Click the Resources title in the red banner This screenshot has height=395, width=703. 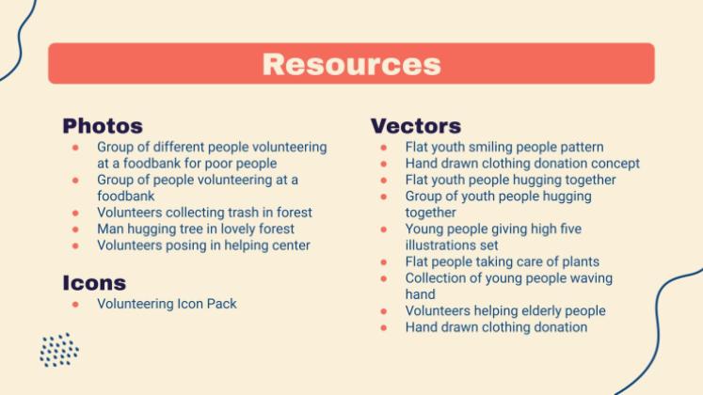(x=351, y=64)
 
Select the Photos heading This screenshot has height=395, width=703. (x=103, y=126)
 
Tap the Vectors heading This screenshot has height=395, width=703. (x=415, y=126)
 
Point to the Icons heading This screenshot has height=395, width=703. (x=94, y=283)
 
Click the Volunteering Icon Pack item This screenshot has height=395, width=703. (x=167, y=304)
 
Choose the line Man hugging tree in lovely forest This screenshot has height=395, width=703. (x=196, y=229)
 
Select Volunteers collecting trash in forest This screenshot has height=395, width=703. (x=204, y=213)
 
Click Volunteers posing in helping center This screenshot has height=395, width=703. (x=203, y=245)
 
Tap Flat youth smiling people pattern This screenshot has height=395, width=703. (x=504, y=147)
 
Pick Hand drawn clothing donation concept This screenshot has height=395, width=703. (x=522, y=164)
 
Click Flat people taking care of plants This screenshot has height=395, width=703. (x=502, y=261)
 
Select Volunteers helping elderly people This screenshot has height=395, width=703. (x=505, y=310)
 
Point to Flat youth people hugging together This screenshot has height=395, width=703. (x=510, y=180)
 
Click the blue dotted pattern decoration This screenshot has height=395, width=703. (x=58, y=350)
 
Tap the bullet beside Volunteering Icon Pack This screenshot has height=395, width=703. (x=74, y=304)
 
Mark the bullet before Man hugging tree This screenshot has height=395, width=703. (x=74, y=229)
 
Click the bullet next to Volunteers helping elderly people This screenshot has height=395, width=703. (x=383, y=310)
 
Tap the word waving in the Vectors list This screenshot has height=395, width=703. (x=591, y=278)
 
